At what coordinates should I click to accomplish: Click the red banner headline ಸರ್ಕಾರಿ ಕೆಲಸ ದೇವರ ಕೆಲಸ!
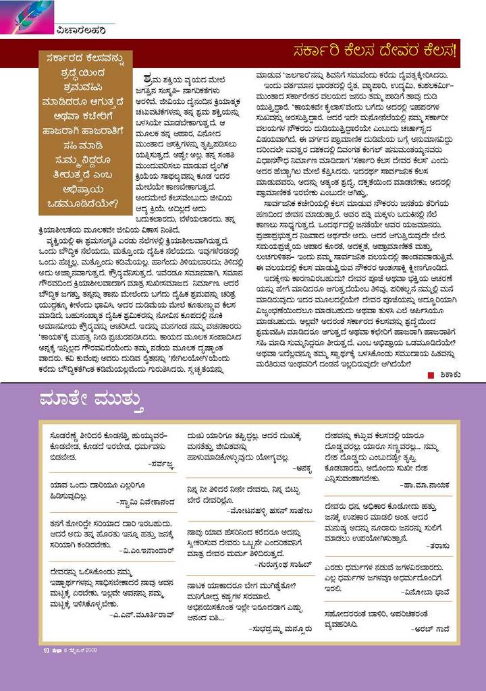[375, 51]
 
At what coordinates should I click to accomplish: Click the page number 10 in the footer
[39, 651]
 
